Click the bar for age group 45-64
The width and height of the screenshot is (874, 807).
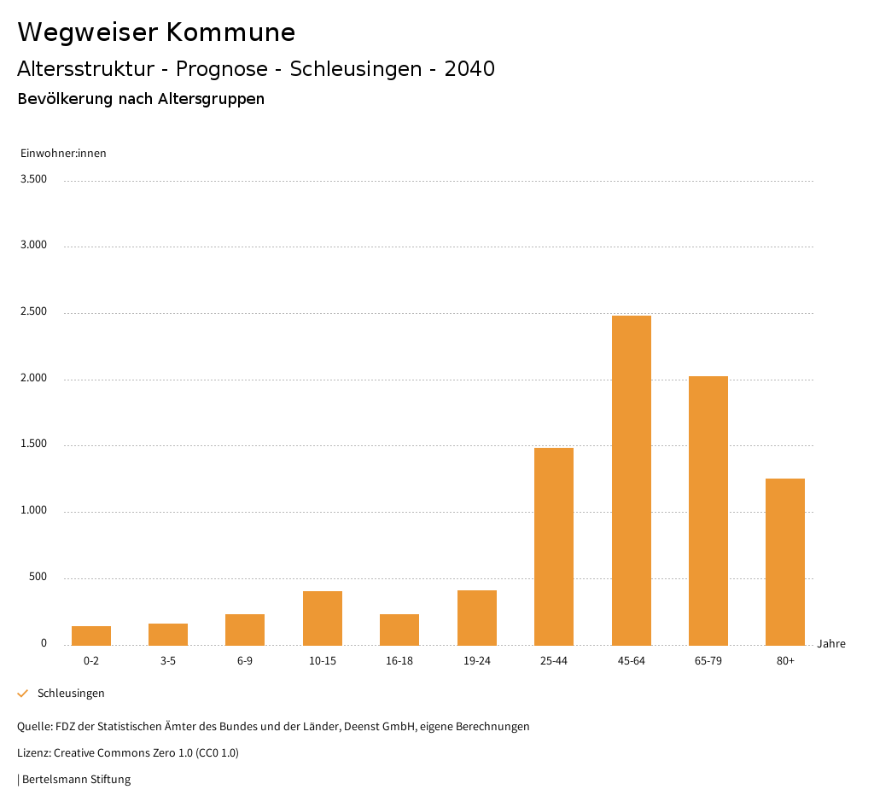631,480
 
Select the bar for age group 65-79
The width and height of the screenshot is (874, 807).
708,510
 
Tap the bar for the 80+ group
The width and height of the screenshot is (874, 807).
785,561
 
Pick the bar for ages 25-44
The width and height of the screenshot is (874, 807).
554,546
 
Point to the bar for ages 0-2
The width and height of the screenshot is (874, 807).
91,636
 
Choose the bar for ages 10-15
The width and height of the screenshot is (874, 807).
323,618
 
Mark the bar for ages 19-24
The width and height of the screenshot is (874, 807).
477,618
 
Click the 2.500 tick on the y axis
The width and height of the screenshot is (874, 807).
33,312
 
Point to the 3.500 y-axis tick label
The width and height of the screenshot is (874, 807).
33,179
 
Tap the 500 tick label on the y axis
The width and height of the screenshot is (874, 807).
38,578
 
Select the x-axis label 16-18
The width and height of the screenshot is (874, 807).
399,661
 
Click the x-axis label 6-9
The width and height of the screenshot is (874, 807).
245,661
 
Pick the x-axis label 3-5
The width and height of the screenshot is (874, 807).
168,661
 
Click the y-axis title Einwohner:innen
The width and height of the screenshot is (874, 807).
63,154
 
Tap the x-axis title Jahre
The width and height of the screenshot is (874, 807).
831,644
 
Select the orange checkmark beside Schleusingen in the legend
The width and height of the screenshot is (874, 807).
23,694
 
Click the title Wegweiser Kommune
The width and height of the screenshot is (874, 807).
156,32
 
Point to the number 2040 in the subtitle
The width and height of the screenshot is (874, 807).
469,69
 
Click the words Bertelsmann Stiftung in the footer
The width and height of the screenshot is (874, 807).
76,780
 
